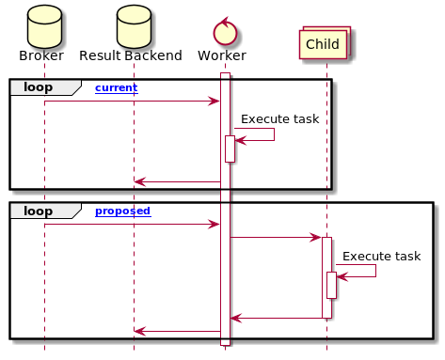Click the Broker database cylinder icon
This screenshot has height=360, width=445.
click(43, 25)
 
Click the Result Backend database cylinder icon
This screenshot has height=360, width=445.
click(134, 25)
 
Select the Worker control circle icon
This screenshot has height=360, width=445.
click(224, 31)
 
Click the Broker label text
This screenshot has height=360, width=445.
click(41, 56)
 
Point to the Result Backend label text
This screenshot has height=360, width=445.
click(132, 56)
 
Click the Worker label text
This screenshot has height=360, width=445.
click(222, 56)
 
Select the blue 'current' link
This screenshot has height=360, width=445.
click(116, 87)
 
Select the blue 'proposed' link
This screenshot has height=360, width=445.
click(123, 211)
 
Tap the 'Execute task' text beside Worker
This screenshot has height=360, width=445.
click(279, 119)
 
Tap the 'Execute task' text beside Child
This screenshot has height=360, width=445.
click(381, 256)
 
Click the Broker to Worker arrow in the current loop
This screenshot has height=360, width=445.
click(132, 101)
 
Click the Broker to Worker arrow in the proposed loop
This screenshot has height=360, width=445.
click(132, 224)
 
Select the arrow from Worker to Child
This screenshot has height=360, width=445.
click(276, 237)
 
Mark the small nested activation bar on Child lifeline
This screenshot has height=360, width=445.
click(331, 285)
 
